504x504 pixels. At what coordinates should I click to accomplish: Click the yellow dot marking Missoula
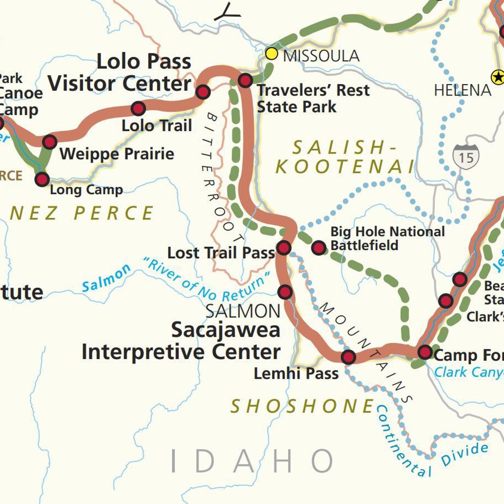[272, 54]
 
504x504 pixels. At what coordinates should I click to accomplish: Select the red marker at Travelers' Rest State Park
[245, 80]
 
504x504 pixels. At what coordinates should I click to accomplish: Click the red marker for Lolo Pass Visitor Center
[203, 92]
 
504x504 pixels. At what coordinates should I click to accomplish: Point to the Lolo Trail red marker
[138, 108]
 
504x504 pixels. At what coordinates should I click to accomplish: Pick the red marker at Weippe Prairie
[50, 142]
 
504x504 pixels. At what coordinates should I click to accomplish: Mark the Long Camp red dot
[42, 180]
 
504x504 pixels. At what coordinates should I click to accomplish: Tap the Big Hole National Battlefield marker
[319, 248]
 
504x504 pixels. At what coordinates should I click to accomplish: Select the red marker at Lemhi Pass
[348, 357]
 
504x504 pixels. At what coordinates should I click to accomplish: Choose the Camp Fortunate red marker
[425, 352]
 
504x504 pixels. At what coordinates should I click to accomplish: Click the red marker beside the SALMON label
[285, 291]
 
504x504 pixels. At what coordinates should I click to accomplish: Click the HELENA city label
[462, 90]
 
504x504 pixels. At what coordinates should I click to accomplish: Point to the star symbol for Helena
[498, 77]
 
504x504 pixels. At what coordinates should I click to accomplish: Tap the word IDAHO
[252, 461]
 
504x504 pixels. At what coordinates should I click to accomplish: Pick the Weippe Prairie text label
[117, 154]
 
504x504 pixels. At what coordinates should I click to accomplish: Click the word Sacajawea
[226, 330]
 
